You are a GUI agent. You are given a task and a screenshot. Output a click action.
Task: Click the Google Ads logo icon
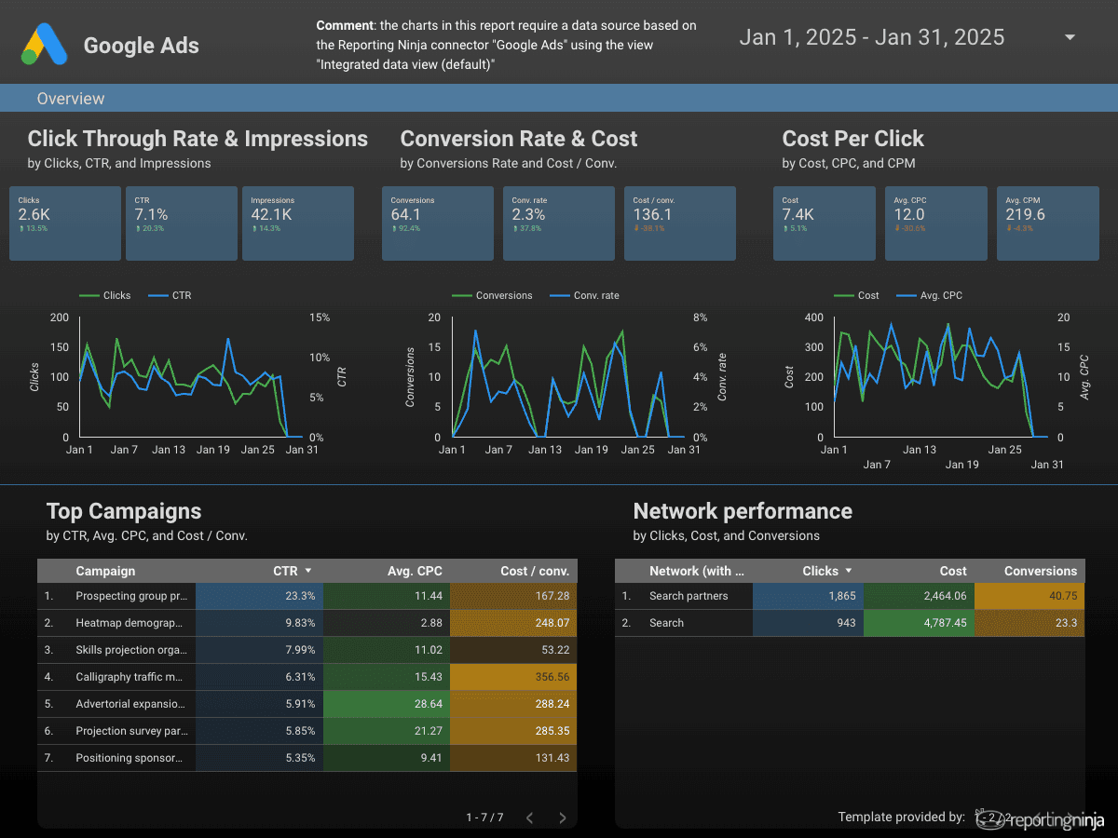pos(45,44)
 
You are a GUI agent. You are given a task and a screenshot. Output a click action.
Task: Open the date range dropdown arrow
pos(1070,37)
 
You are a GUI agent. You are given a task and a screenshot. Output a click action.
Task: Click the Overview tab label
pos(71,99)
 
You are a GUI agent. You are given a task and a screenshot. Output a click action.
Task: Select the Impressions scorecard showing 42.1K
pos(298,222)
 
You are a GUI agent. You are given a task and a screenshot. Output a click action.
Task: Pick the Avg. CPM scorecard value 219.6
pos(1025,215)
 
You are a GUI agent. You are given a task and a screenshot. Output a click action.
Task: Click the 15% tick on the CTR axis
pos(320,318)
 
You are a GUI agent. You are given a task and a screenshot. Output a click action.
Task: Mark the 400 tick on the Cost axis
pos(814,318)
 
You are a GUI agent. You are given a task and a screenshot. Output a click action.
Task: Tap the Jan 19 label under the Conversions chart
pos(591,450)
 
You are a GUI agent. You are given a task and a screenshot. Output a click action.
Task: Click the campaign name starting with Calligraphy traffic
pos(130,677)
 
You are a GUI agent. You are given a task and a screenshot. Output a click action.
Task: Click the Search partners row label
pos(689,596)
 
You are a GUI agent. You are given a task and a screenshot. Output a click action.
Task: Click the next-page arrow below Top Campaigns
pos(563,818)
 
